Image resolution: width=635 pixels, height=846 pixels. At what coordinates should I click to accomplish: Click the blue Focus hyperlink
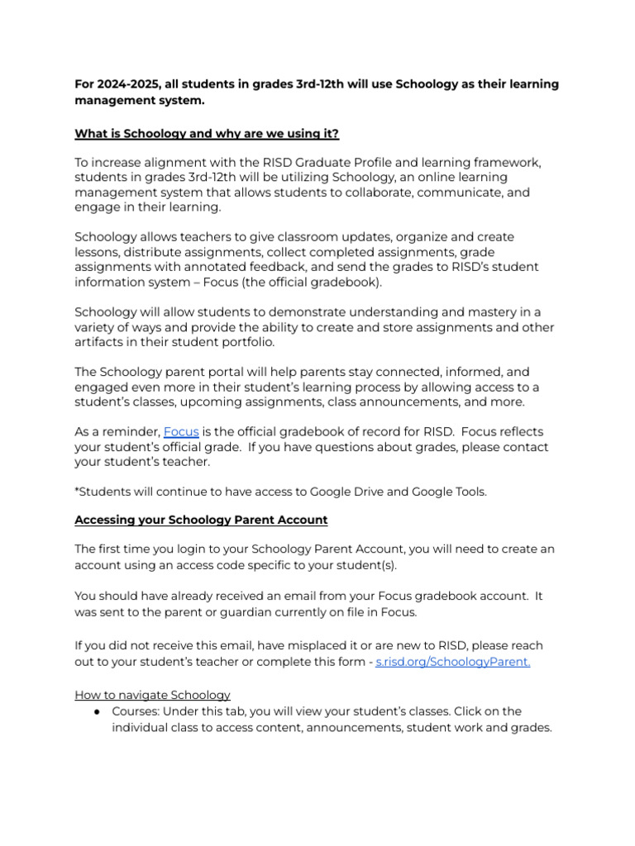[x=181, y=432]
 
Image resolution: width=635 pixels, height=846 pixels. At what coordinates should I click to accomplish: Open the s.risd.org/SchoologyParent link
[x=452, y=662]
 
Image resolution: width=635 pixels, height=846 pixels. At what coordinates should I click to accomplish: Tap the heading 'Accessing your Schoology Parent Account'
[x=201, y=520]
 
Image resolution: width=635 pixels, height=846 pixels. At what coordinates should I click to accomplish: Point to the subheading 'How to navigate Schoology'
[x=153, y=695]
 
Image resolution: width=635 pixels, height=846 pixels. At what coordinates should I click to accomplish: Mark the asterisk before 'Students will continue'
[x=77, y=491]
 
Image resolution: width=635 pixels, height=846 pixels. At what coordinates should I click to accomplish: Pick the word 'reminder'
[x=131, y=432]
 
